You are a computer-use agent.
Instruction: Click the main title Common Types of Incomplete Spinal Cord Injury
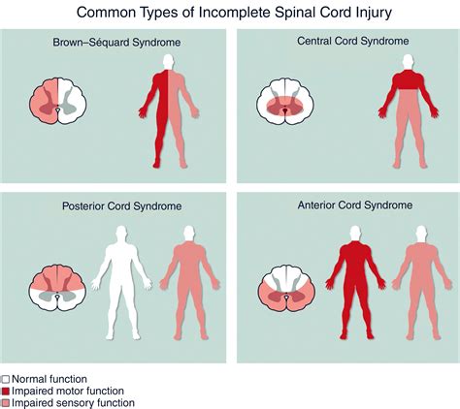tap(230, 12)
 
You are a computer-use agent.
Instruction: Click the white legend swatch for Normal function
tap(6, 379)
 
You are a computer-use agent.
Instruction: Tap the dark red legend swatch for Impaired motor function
tap(6, 391)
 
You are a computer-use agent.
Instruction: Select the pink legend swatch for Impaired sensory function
tap(6, 402)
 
